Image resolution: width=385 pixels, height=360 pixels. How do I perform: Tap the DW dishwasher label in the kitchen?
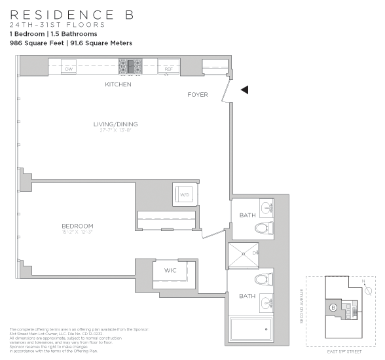[68, 69]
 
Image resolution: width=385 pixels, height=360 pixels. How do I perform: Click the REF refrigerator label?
[168, 69]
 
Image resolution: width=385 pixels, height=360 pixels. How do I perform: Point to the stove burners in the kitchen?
[130, 66]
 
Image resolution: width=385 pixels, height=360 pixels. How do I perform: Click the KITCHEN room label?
[118, 84]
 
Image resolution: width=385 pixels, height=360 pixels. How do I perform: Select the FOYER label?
[197, 95]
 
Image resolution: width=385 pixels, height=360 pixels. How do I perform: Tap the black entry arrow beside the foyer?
[245, 90]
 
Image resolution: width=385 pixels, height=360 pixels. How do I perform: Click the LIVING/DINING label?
[115, 124]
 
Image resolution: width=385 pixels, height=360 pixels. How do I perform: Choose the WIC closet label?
[170, 270]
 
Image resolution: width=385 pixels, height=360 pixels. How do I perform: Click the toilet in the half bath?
[264, 228]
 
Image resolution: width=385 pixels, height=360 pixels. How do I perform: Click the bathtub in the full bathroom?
[251, 329]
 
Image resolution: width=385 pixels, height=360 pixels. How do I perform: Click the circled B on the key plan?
[333, 307]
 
